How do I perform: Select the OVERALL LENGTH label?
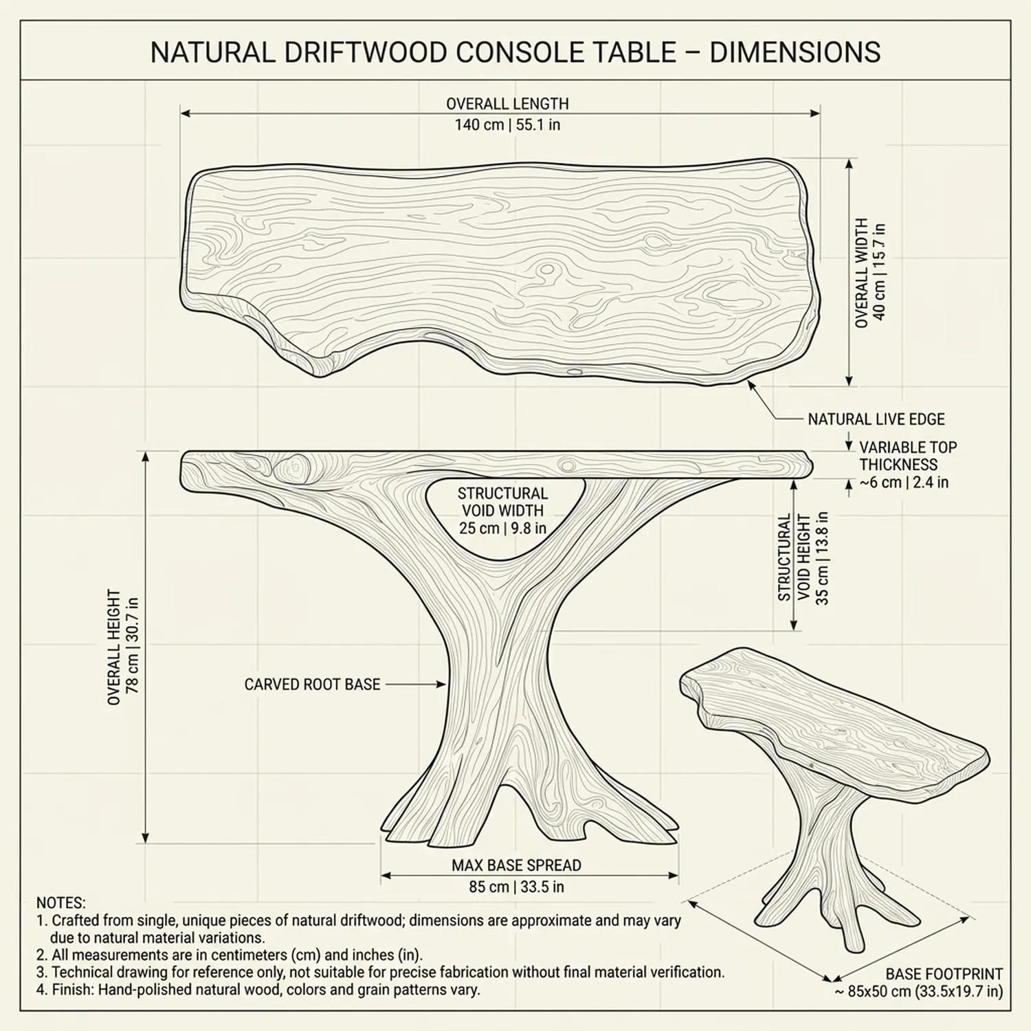[x=507, y=104]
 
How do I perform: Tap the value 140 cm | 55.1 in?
[x=507, y=125]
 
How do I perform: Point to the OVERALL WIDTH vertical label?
[x=862, y=273]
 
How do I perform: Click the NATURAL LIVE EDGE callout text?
[x=876, y=419]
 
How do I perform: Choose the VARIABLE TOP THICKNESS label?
[x=907, y=456]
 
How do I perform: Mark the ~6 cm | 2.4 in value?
[x=904, y=483]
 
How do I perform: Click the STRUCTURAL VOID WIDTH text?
[x=502, y=502]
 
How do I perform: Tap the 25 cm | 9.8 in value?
[x=502, y=528]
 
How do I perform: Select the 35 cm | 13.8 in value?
[x=822, y=558]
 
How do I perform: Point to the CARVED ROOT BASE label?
[x=312, y=685]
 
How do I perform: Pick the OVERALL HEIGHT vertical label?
[x=114, y=646]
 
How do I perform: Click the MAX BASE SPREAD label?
[x=516, y=865]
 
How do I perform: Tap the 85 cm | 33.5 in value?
[x=516, y=887]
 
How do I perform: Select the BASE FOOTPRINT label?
[x=944, y=974]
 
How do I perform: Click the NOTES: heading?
[x=61, y=903]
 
